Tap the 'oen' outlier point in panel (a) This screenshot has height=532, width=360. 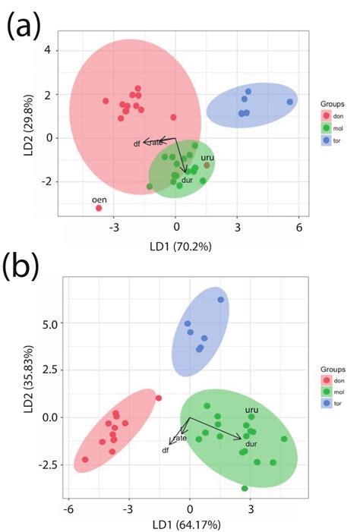point(99,207)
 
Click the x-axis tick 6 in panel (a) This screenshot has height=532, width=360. point(298,227)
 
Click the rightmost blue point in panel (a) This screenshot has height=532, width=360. point(289,102)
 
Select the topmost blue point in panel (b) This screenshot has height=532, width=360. point(221,300)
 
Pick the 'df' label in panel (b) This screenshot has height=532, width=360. point(165,450)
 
